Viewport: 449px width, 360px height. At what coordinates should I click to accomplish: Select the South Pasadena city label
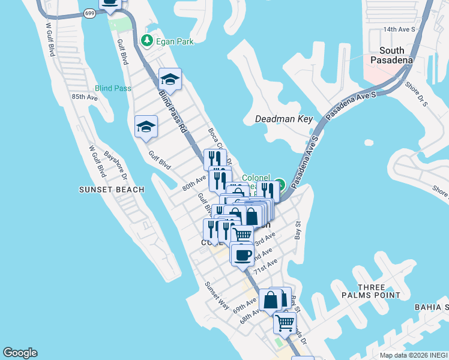(x=391, y=55)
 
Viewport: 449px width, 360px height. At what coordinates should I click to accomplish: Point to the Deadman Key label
(x=284, y=119)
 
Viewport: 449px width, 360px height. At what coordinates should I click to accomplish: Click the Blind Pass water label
(x=113, y=88)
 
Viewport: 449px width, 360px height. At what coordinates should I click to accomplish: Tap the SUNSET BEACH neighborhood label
(x=112, y=190)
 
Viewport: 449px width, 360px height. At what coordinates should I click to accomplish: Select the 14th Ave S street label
(x=400, y=29)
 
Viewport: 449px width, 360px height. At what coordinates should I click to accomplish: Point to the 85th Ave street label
(x=84, y=97)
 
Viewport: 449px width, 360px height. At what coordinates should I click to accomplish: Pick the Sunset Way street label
(x=217, y=296)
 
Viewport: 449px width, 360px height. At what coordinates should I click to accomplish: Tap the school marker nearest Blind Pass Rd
(x=170, y=79)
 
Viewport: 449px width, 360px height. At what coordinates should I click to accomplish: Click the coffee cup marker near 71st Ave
(x=243, y=255)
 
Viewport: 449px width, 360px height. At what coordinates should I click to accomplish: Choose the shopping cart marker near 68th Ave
(x=285, y=323)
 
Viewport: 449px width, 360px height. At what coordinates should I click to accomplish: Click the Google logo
(x=20, y=353)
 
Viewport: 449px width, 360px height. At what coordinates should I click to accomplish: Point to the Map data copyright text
(x=414, y=355)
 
